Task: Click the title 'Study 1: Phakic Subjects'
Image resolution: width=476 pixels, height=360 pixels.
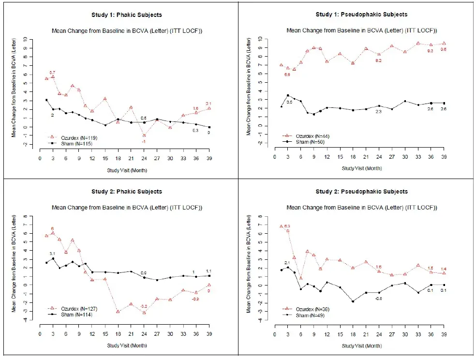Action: [x=127, y=15]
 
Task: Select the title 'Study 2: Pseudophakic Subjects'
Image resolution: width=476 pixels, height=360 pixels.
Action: [x=361, y=192]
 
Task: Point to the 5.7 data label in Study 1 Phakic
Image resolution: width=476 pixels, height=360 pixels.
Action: [x=52, y=72]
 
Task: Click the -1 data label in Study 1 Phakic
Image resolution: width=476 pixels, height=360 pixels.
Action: [x=144, y=141]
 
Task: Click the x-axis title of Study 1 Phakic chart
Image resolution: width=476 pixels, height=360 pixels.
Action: [x=127, y=170]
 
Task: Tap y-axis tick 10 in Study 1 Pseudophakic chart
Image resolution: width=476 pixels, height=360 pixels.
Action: [x=260, y=38]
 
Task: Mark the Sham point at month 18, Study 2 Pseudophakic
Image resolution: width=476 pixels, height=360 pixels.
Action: [x=340, y=301]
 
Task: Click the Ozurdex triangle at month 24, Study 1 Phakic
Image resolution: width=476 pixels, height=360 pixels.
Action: [x=144, y=135]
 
